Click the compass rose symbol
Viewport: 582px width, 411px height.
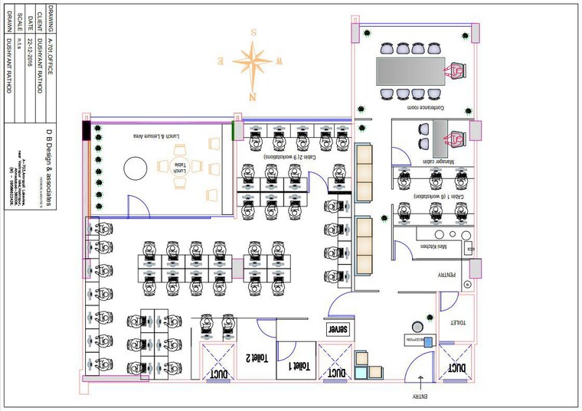point(253,60)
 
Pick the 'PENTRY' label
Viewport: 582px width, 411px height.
point(448,275)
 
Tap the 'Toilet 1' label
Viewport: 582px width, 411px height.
point(302,366)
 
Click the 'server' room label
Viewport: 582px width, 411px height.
point(338,329)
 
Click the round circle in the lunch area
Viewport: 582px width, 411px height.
point(136,167)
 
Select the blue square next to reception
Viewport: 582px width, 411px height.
point(429,342)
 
